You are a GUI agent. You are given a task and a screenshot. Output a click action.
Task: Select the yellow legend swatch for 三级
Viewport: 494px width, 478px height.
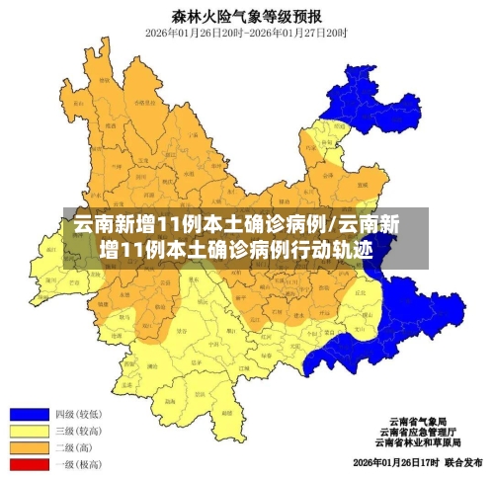pyautogui.click(x=29, y=431)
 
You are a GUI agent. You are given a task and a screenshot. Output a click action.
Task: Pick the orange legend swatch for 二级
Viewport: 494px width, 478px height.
pyautogui.click(x=29, y=446)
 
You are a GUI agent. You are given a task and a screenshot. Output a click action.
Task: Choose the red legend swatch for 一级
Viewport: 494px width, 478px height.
pyautogui.click(x=29, y=462)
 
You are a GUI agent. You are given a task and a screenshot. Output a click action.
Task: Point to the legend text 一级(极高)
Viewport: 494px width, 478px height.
pyautogui.click(x=79, y=462)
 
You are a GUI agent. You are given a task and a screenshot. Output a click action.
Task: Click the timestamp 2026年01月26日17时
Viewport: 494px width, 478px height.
pyautogui.click(x=394, y=462)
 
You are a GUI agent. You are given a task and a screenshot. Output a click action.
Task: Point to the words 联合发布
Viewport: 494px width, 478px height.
pyautogui.click(x=462, y=462)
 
